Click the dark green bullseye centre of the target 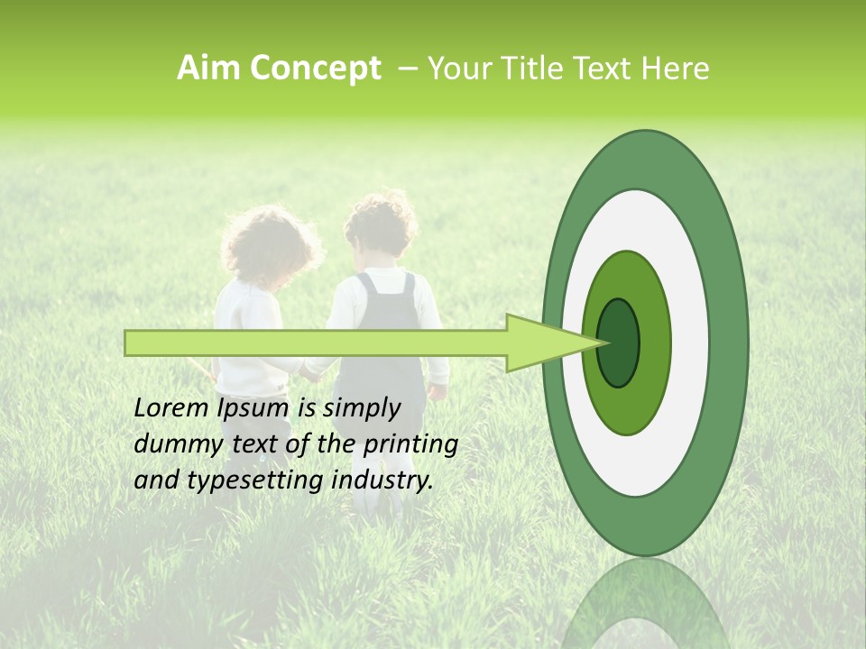point(619,343)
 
